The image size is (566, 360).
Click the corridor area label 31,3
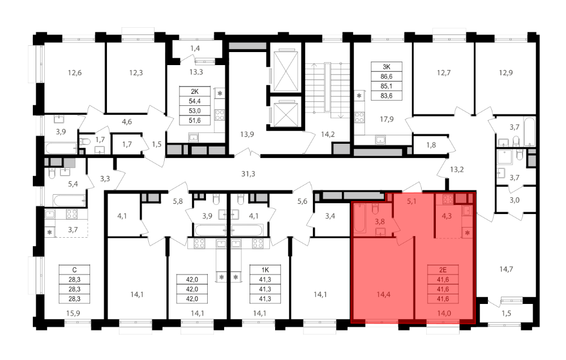(248, 174)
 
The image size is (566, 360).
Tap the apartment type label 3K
(386, 67)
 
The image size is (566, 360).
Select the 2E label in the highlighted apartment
(443, 270)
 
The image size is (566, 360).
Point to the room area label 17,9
(386, 119)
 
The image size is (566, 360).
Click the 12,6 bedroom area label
(75, 73)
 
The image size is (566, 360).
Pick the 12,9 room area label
(505, 73)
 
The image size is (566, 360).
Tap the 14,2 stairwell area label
(328, 135)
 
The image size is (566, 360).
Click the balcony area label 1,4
(195, 48)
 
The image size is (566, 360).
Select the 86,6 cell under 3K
(386, 76)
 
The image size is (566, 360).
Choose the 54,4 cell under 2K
(195, 101)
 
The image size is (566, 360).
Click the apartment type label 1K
(265, 270)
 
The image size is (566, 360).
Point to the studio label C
(74, 270)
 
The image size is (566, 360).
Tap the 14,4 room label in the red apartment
(383, 295)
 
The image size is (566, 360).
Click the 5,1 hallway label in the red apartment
(411, 202)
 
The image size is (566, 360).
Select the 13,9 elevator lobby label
(247, 135)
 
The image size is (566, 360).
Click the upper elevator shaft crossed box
(286, 71)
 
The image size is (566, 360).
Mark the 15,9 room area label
(73, 314)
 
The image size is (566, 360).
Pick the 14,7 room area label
(506, 269)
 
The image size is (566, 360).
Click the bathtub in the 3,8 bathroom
(360, 218)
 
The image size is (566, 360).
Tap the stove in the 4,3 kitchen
(448, 199)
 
